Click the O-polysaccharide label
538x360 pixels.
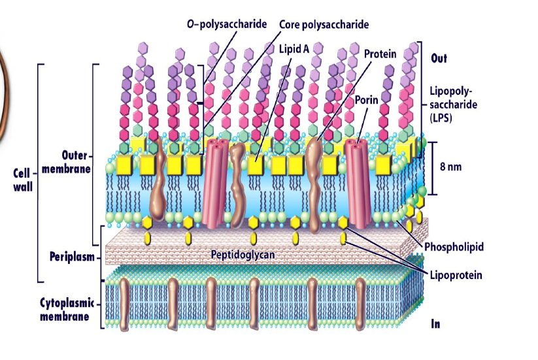(226, 24)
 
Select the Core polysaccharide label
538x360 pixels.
(324, 24)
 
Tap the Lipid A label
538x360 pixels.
(294, 48)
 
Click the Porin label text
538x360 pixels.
(367, 100)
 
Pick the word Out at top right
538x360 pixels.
(439, 58)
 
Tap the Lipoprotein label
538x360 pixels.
(456, 275)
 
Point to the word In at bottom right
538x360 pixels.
(435, 323)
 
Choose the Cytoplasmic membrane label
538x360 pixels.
(65, 310)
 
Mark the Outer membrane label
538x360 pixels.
(67, 161)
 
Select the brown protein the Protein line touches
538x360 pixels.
(314, 170)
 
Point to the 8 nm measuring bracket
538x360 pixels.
(431, 168)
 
